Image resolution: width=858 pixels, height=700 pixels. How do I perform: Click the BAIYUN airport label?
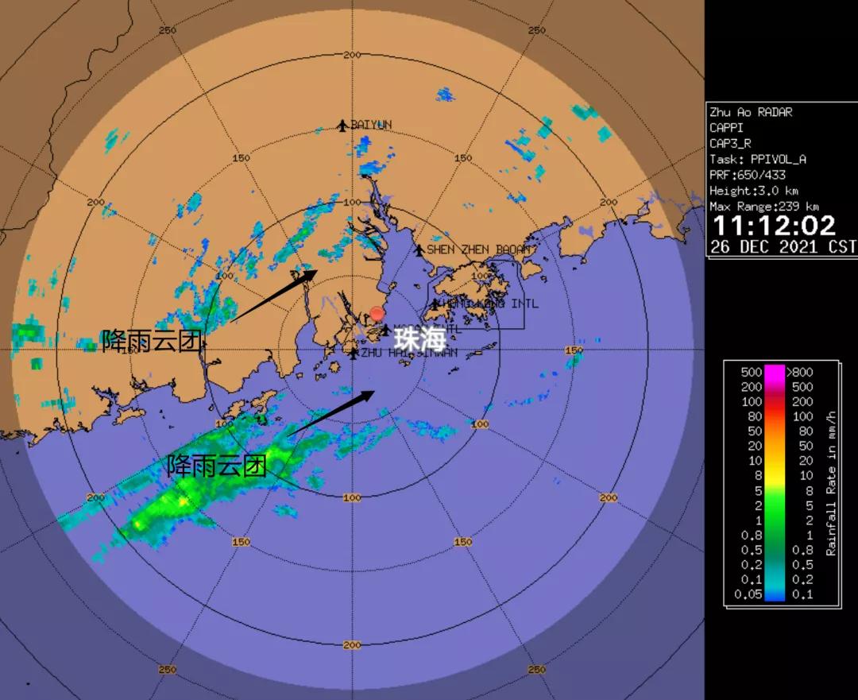coord(371,125)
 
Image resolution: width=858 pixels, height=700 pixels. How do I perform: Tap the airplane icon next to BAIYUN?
coord(342,125)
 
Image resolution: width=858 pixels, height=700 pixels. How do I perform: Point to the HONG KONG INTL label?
coord(490,304)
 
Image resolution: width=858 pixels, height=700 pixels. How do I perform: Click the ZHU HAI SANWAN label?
coord(408,353)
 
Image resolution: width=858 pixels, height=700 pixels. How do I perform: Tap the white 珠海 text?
coord(421,339)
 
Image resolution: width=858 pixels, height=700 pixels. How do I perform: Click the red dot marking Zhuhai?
coord(377,314)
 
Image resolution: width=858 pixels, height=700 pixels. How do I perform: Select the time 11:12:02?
coord(773,226)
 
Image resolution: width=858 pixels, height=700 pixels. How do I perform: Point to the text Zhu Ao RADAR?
coord(750,112)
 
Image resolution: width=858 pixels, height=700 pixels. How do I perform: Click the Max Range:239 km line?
coord(758,207)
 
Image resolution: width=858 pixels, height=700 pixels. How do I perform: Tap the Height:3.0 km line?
coord(753,191)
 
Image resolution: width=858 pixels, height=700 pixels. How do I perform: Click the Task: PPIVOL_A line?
coord(757,159)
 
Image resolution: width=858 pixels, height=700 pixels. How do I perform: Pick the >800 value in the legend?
coord(799,371)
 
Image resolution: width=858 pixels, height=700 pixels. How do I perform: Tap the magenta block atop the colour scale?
coord(775,372)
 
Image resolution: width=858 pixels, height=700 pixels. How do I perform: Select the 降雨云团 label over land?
coord(152,341)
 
